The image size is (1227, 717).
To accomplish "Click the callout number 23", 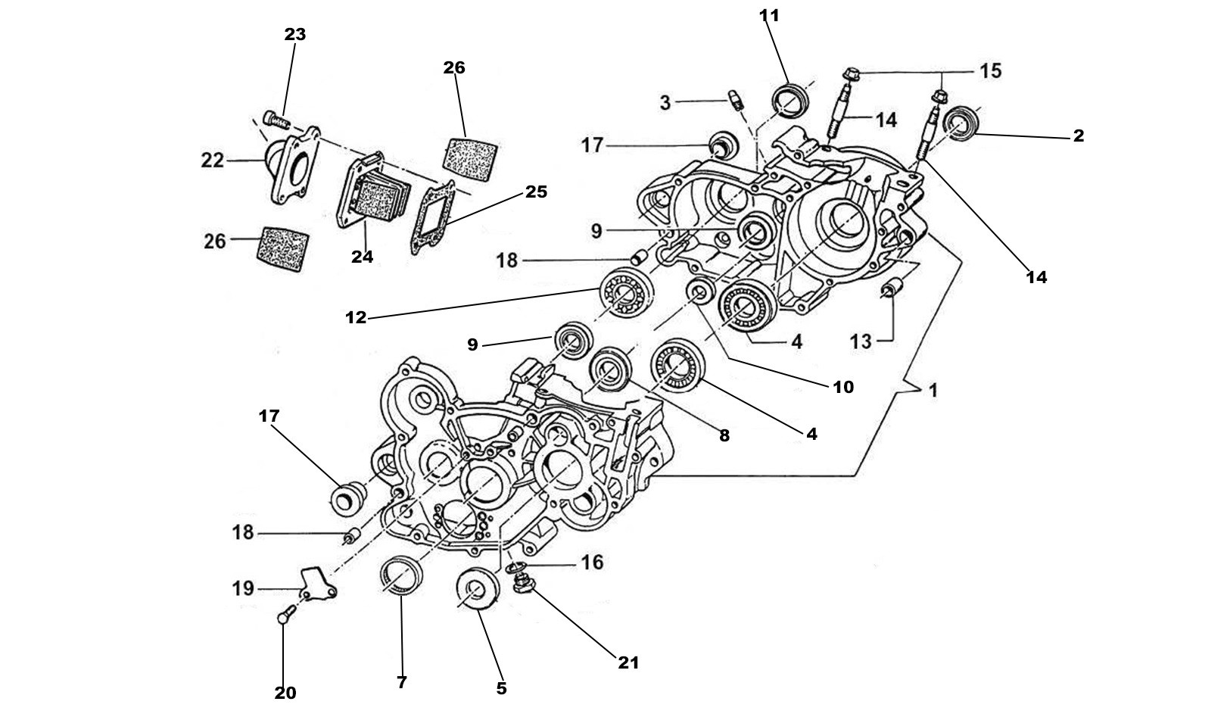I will tap(294, 34).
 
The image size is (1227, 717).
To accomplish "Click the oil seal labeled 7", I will tap(401, 578).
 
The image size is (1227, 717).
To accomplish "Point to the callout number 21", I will tap(628, 663).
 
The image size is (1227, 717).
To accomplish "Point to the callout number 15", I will tap(989, 71).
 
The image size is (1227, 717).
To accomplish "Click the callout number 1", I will tap(933, 391).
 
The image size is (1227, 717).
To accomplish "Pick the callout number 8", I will tap(724, 436).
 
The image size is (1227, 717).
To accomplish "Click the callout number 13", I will tap(861, 341).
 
